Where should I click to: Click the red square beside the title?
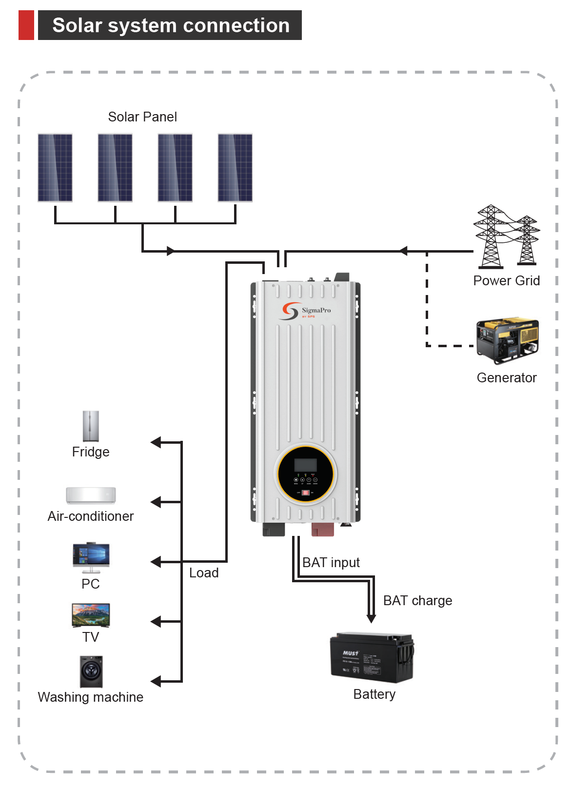(x=26, y=25)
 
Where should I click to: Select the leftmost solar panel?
(x=55, y=168)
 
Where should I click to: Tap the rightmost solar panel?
(x=235, y=168)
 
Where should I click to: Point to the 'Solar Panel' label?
(x=142, y=117)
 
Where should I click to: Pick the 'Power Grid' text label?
(x=506, y=281)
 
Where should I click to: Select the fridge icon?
(x=91, y=426)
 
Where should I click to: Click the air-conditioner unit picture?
(x=91, y=495)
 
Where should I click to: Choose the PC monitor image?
(x=91, y=557)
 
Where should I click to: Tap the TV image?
(x=91, y=615)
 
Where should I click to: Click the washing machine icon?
(x=91, y=671)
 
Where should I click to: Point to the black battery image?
(x=372, y=657)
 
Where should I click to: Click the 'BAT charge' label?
(x=417, y=601)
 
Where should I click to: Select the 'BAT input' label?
(x=331, y=563)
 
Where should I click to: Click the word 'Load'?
(x=204, y=573)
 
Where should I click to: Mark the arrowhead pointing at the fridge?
(x=156, y=442)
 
